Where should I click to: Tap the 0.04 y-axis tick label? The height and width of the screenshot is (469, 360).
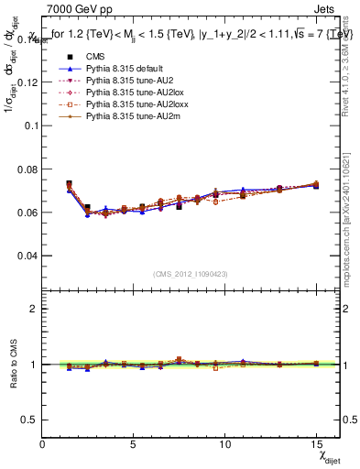tap(27, 255)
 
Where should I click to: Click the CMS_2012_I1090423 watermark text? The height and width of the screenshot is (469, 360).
tap(191, 274)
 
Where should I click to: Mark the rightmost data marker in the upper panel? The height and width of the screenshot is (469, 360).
tap(316, 185)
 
